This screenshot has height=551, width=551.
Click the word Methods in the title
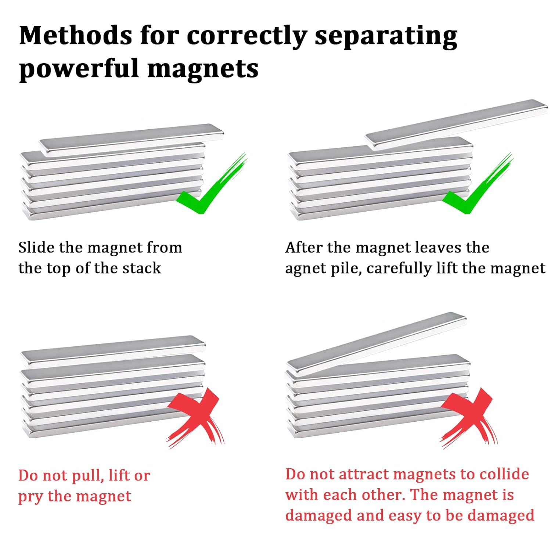(x=76, y=36)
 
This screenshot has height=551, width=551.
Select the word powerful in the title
(x=78, y=69)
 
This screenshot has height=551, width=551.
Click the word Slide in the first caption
(x=36, y=248)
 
